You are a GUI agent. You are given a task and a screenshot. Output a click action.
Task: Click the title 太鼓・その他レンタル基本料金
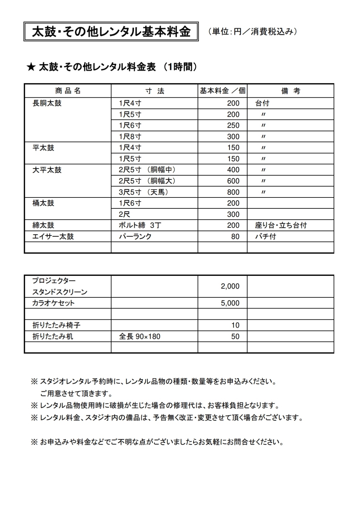point(111,32)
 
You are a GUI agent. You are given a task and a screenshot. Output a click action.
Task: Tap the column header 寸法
point(155,91)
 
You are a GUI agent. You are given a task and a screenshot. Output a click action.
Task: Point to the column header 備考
point(290,91)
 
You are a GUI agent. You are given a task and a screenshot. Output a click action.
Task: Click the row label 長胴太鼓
point(47,103)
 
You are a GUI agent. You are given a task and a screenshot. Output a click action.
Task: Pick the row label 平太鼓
point(43,148)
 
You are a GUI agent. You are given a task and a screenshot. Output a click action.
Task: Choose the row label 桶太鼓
point(43,203)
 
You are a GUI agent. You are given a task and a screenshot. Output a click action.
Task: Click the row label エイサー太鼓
point(53,236)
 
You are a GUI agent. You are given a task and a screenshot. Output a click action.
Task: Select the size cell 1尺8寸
point(130,137)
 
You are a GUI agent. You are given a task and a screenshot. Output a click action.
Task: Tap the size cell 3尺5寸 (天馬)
point(144,192)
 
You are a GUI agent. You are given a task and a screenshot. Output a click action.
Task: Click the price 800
point(233,192)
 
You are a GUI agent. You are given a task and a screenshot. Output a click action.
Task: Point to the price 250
point(233,125)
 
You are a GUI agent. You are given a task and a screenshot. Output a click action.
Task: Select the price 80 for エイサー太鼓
point(235,236)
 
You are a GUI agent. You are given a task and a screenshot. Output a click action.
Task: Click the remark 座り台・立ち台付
point(281,225)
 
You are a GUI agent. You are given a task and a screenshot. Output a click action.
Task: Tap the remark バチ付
point(266,236)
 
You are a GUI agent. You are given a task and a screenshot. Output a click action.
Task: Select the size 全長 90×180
point(140,337)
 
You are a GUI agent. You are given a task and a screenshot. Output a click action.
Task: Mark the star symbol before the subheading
point(31,67)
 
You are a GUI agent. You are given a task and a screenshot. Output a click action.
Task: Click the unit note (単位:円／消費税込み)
point(252,32)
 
